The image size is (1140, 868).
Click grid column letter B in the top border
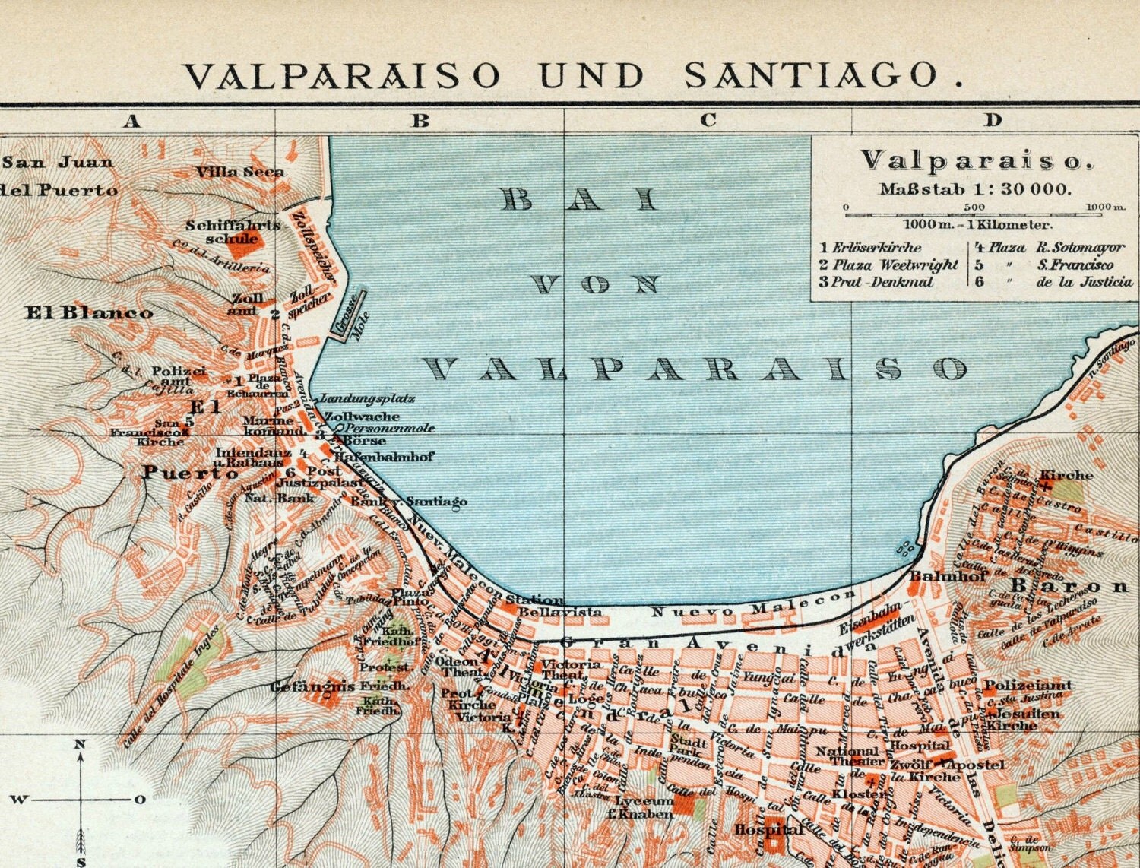[x=420, y=120]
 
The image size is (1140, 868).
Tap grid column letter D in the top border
[x=993, y=120]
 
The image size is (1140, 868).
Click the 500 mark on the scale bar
[x=974, y=207]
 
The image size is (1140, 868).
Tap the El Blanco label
[x=89, y=312]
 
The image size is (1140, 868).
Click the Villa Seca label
[x=240, y=172]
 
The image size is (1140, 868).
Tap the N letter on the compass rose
[x=79, y=745]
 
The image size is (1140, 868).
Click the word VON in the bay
[x=595, y=285]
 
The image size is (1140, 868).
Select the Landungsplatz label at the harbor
[x=368, y=398]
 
